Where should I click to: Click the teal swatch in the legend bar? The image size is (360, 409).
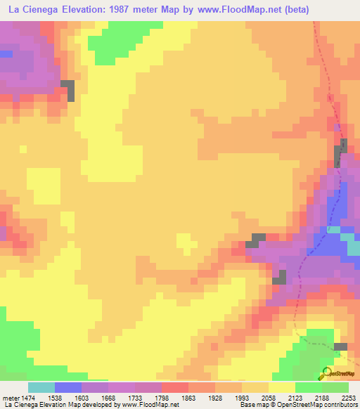point(41,387)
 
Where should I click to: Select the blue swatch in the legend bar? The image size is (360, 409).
point(68,387)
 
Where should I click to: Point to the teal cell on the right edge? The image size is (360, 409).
point(353,247)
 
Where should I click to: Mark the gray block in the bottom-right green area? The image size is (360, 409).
point(340,346)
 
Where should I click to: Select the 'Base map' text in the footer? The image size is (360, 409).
point(254,405)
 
